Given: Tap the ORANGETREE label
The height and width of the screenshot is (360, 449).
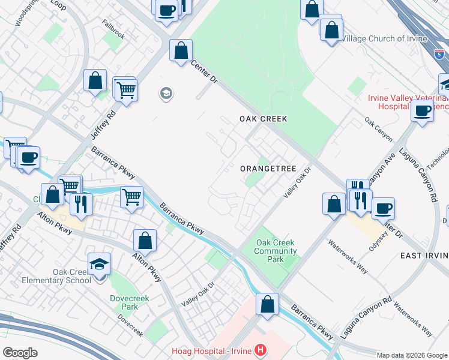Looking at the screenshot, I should point(268,169).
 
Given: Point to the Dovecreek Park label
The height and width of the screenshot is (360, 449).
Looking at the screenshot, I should point(124,302).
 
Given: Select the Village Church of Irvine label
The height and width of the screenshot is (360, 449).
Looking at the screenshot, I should point(384,39).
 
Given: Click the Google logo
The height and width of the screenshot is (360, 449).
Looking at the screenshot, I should point(20,352).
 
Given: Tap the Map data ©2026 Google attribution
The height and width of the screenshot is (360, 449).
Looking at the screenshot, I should point(411,355).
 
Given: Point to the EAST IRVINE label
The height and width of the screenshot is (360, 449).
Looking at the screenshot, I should point(424,256).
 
